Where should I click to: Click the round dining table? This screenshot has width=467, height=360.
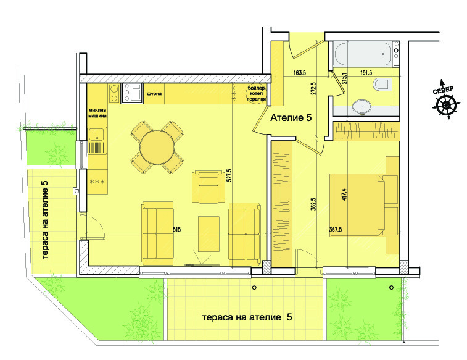coord(157,146)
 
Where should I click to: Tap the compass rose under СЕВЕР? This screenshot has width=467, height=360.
coord(446,104)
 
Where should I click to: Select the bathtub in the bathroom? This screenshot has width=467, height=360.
coord(362,54)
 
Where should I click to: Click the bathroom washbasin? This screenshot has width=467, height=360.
coord(362,106)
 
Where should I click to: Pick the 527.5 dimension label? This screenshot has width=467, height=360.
coord(229,176)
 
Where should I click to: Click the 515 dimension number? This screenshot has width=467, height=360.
coord(176,230)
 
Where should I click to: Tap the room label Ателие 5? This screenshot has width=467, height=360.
coord(291,118)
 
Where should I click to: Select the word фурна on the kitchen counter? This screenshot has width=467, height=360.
coord(154,94)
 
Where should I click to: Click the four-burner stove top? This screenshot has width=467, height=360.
coord(132,94)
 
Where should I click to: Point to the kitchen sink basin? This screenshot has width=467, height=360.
coord(96,134)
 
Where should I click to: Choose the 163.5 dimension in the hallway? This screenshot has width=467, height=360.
coord(300,73)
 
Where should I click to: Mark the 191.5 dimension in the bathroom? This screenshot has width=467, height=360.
coord(365,73)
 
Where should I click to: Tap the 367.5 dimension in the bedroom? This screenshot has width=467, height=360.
coord(336,230)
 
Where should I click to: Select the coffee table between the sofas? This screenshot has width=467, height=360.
coord(209,234)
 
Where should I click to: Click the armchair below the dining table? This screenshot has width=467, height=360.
coord(208,187)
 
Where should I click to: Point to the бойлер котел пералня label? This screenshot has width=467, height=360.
coord(256,94)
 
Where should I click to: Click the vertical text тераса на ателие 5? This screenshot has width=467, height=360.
coord(45,220)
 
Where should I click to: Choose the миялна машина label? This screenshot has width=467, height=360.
coord(97,113)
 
